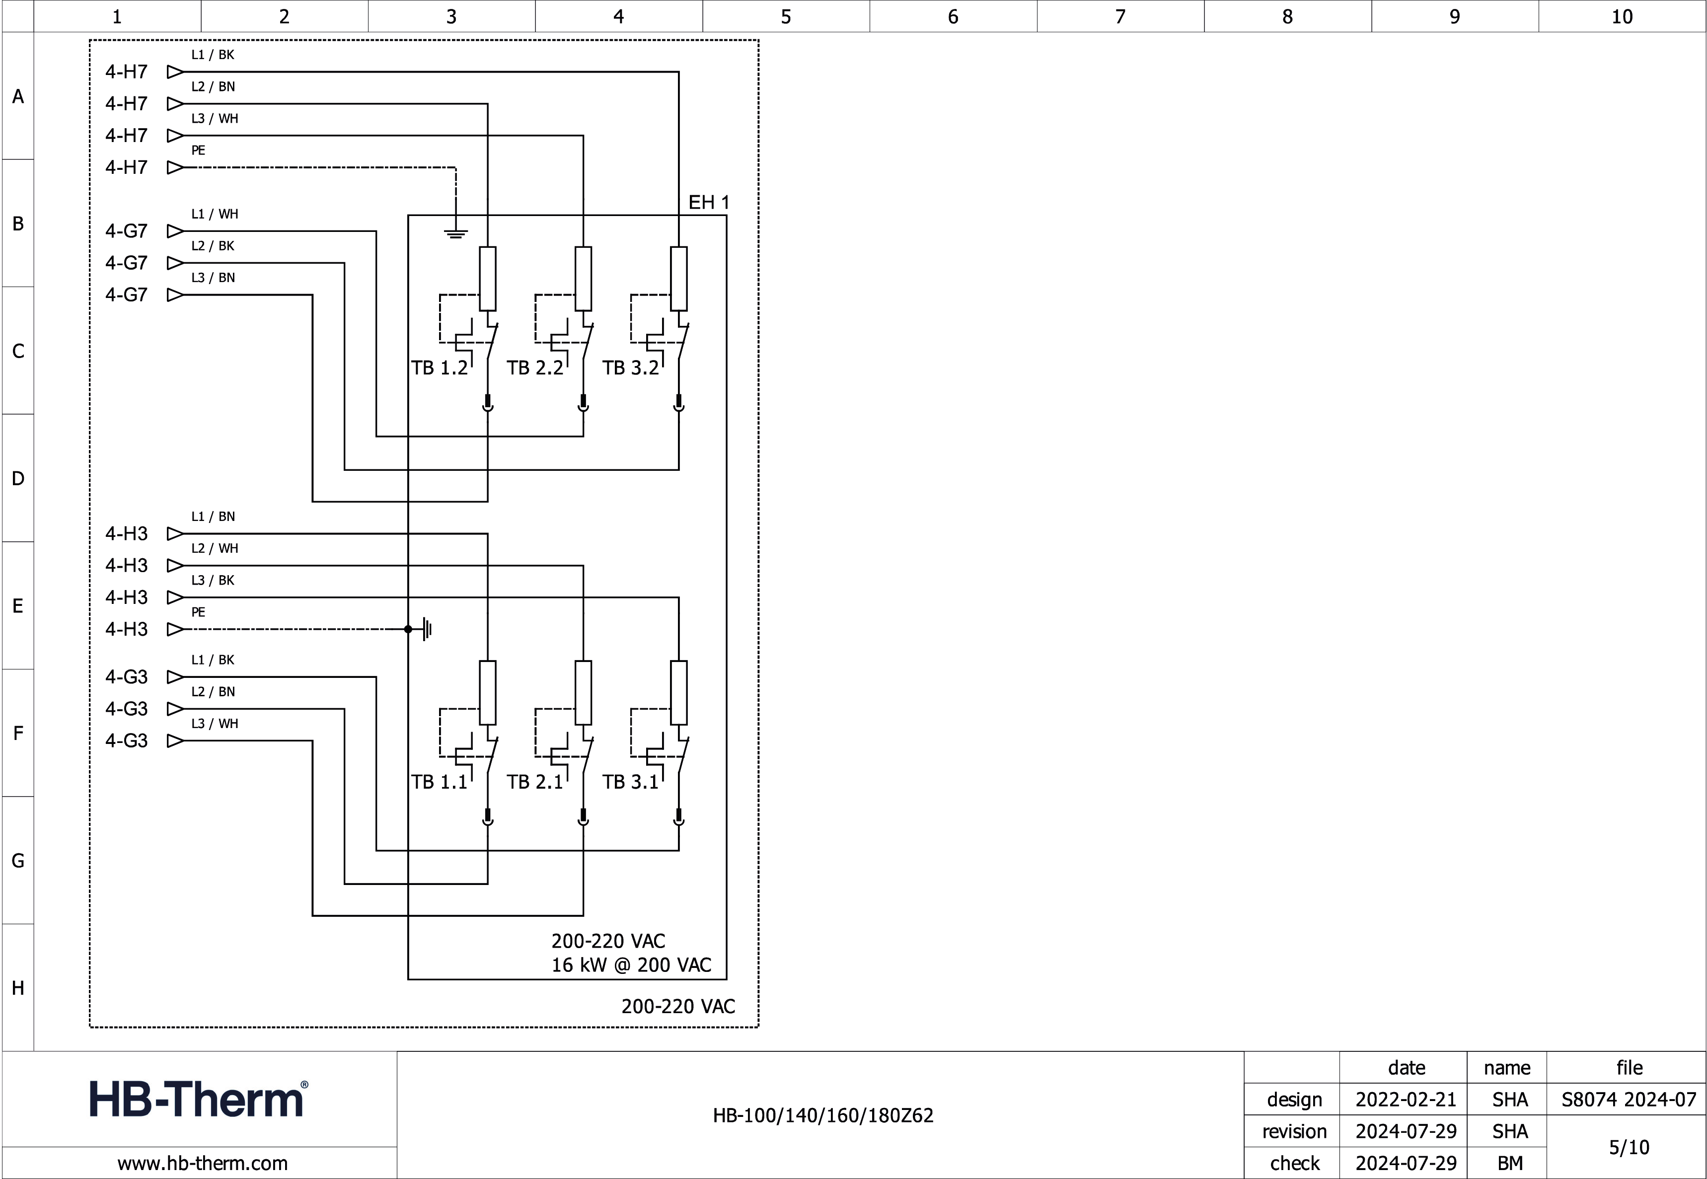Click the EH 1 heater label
point(708,203)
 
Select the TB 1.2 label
point(440,368)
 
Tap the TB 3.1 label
point(630,782)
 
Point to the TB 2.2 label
point(535,368)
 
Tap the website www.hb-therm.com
point(203,1164)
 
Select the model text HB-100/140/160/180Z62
point(823,1115)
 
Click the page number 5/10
point(1629,1147)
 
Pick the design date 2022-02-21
point(1406,1100)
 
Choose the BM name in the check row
point(1510,1164)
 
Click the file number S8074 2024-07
point(1629,1100)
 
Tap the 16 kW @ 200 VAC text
point(631,965)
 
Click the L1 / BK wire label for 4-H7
point(213,55)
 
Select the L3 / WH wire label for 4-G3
point(214,723)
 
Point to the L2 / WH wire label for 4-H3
point(214,548)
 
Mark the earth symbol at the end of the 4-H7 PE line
point(456,234)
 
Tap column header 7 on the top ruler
point(1120,16)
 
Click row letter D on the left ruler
point(18,478)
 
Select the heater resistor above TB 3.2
point(679,279)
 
